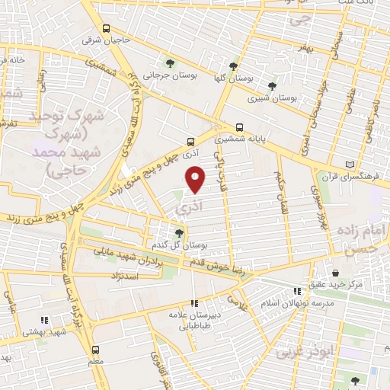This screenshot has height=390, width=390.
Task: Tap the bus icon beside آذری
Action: click(x=190, y=141)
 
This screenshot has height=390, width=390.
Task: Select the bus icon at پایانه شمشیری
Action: click(x=240, y=127)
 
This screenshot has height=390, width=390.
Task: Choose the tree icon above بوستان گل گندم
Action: click(x=179, y=233)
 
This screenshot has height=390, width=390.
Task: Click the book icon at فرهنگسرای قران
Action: click(x=350, y=164)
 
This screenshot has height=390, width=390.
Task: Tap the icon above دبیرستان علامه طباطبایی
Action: click(x=193, y=302)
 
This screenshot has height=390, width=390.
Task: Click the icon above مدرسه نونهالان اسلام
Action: click(x=297, y=290)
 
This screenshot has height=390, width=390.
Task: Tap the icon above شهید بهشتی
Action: click(x=45, y=320)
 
